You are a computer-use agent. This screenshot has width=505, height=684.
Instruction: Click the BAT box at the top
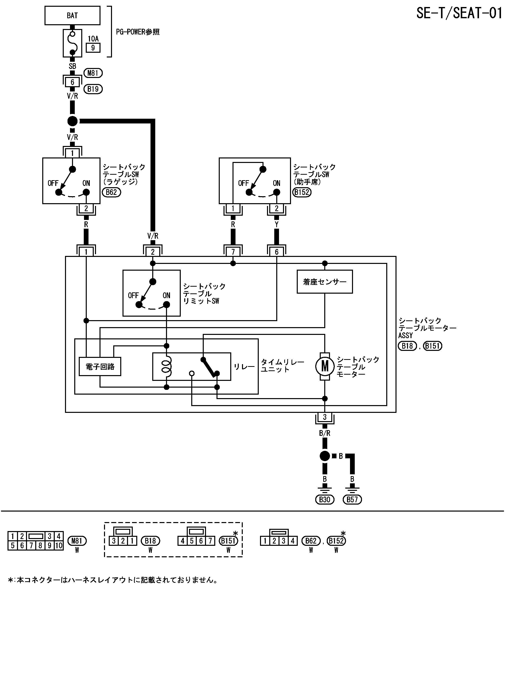72,15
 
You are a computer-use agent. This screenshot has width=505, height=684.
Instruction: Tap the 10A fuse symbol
72,43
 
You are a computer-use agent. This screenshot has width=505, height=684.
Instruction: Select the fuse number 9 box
93,48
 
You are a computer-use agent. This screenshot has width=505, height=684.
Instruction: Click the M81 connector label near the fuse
93,73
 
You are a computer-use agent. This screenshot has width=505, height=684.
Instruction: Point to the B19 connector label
93,89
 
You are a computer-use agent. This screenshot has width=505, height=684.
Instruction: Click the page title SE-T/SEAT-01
459,13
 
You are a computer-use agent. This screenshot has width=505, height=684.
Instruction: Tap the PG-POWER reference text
137,32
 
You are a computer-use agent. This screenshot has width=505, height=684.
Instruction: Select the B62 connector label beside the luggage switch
111,192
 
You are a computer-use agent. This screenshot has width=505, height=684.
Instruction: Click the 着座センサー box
325,282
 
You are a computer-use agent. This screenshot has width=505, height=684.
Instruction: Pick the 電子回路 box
100,366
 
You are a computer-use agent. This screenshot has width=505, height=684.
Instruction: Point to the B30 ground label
325,499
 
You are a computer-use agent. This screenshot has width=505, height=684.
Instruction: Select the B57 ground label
352,499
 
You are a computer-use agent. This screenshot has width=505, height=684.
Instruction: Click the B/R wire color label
325,433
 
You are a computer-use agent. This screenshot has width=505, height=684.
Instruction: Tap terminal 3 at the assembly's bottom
325,417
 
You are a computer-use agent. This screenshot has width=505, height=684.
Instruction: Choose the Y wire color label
277,224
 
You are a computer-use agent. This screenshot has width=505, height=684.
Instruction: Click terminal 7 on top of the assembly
233,252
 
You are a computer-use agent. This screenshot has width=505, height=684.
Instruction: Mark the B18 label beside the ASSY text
407,346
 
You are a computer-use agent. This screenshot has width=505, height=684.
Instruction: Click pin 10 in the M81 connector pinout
59,545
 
